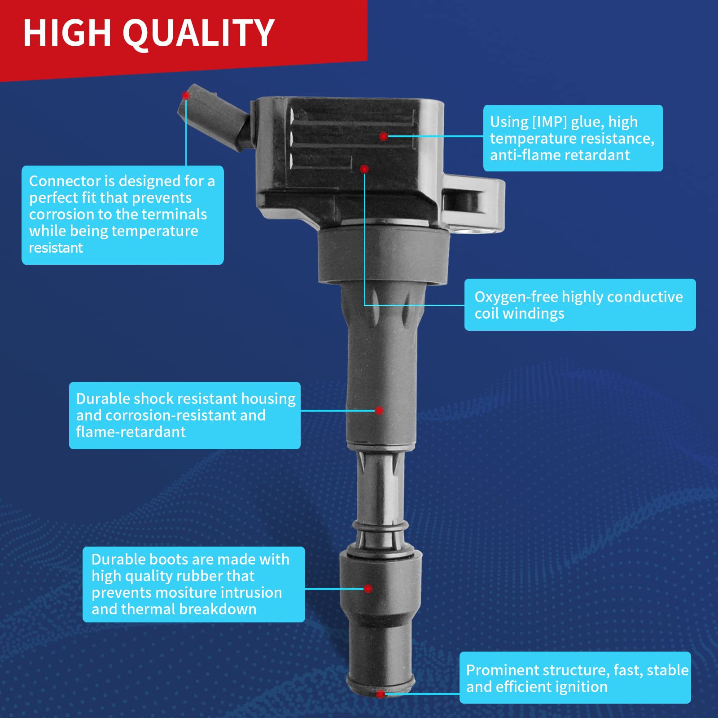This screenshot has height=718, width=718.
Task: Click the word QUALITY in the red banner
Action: click(198, 33)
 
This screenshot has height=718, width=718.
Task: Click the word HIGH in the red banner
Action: click(67, 33)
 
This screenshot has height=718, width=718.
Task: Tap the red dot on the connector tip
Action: click(185, 95)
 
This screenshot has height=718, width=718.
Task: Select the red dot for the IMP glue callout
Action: click(383, 136)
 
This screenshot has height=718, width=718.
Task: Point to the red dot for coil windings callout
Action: click(364, 169)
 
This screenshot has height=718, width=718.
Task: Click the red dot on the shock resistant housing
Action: click(379, 410)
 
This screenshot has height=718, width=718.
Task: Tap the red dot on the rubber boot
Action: click(368, 589)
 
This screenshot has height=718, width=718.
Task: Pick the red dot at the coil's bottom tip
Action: click(381, 694)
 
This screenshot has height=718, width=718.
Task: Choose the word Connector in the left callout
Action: click(65, 181)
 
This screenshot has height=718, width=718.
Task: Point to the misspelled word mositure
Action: click(187, 592)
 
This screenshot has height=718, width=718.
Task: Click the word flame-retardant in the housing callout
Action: click(131, 432)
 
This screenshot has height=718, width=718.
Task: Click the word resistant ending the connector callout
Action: click(56, 248)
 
